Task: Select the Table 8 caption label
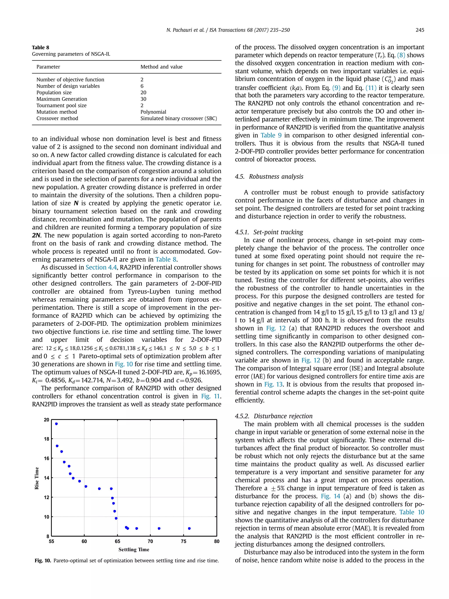41,47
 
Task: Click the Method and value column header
161,67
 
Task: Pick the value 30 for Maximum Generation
143,99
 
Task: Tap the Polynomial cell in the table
153,112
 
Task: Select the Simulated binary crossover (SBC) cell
179,118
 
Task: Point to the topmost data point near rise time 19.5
56,424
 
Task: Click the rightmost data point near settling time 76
189,528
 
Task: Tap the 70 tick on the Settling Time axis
150,541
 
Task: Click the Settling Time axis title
134,549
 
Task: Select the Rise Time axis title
37,478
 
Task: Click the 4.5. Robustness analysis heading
269,177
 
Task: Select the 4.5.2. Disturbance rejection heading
274,416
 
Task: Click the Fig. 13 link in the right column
273,384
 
